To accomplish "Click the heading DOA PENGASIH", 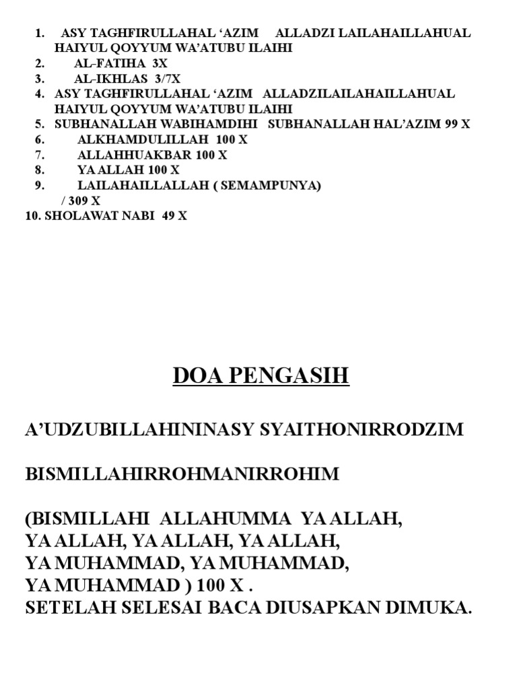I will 261,375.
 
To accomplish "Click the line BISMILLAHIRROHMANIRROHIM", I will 182,474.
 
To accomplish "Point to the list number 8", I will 40,170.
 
